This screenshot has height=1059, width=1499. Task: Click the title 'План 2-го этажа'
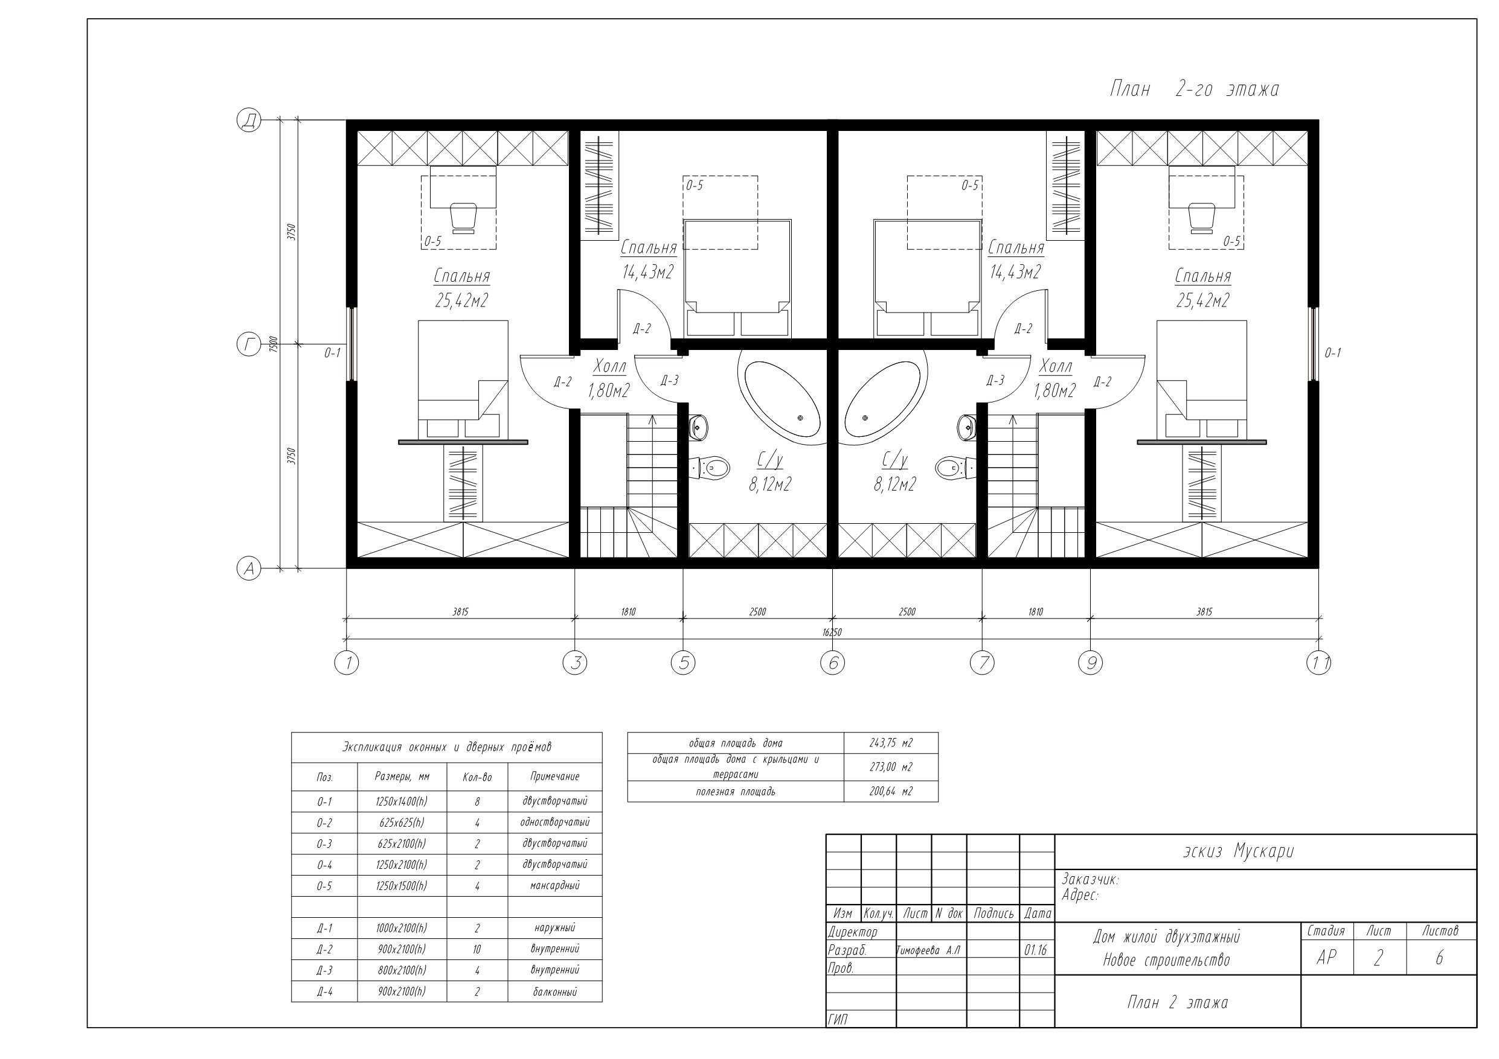click(x=1194, y=89)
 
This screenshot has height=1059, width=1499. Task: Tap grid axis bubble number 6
click(x=832, y=663)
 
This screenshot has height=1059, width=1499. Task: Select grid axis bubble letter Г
click(x=249, y=345)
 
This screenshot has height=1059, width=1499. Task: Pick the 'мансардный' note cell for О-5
click(x=554, y=885)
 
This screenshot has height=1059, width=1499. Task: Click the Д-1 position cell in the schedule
click(x=324, y=928)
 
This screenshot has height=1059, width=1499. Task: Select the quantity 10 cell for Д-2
click(x=477, y=949)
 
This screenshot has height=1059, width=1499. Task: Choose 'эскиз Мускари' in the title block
click(x=1238, y=851)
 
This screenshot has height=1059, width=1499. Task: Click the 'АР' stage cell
click(x=1326, y=957)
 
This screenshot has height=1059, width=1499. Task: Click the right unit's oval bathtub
click(x=885, y=399)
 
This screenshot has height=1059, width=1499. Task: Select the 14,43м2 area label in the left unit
click(x=647, y=272)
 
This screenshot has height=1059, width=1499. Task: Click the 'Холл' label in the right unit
click(x=1055, y=366)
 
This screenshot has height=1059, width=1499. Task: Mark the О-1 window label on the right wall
click(x=1332, y=353)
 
